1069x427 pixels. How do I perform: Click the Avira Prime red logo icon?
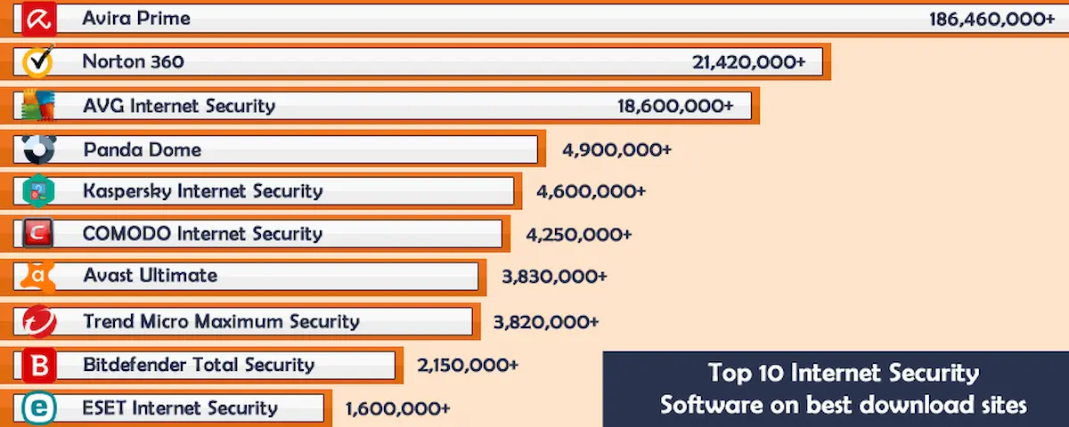point(38,19)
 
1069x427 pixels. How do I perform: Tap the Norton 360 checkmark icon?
point(38,61)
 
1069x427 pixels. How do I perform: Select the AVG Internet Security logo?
point(38,106)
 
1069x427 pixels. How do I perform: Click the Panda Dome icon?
point(38,149)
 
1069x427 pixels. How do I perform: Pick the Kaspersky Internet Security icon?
point(38,191)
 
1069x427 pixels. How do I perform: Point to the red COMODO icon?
point(38,234)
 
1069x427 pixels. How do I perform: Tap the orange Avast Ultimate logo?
point(38,276)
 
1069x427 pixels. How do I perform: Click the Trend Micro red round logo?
point(38,320)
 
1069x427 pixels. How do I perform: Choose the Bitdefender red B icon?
point(38,365)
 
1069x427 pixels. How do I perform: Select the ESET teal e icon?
point(38,408)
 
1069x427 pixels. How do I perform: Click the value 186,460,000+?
point(991,19)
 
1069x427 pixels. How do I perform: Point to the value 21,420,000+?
point(748,61)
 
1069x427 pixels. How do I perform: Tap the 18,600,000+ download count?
point(675,106)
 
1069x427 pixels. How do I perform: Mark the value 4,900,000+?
point(616,149)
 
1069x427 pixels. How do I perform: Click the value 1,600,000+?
point(397,409)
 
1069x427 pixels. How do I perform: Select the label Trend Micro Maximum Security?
point(221,321)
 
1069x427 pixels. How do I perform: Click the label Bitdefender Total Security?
point(199,365)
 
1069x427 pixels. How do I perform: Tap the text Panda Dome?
point(142,149)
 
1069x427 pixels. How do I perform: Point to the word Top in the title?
point(729,374)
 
